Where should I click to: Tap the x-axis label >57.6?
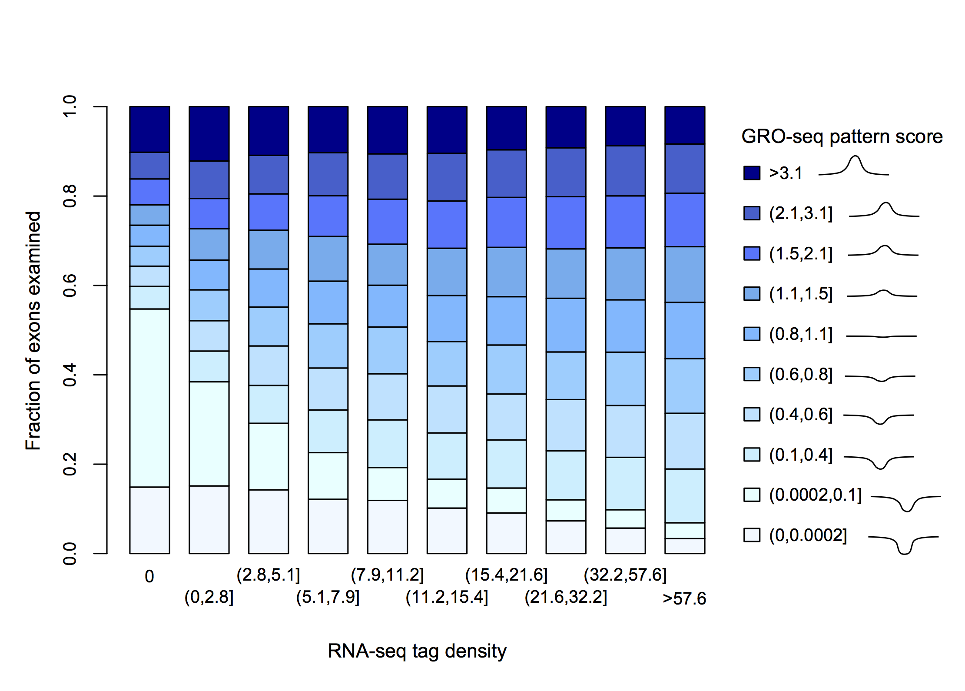tap(684, 598)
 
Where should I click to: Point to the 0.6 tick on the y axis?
tap(101, 286)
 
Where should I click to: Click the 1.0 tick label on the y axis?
tap(70, 106)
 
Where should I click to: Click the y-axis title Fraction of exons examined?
tap(33, 330)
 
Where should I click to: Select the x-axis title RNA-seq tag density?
tap(417, 651)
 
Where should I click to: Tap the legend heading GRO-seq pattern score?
tap(842, 136)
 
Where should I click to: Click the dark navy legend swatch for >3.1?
tap(752, 173)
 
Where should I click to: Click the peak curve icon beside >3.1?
tap(854, 167)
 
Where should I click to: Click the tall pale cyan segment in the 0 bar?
tap(149, 398)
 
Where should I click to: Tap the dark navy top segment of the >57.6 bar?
tap(685, 125)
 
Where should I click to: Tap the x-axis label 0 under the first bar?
tap(149, 577)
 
